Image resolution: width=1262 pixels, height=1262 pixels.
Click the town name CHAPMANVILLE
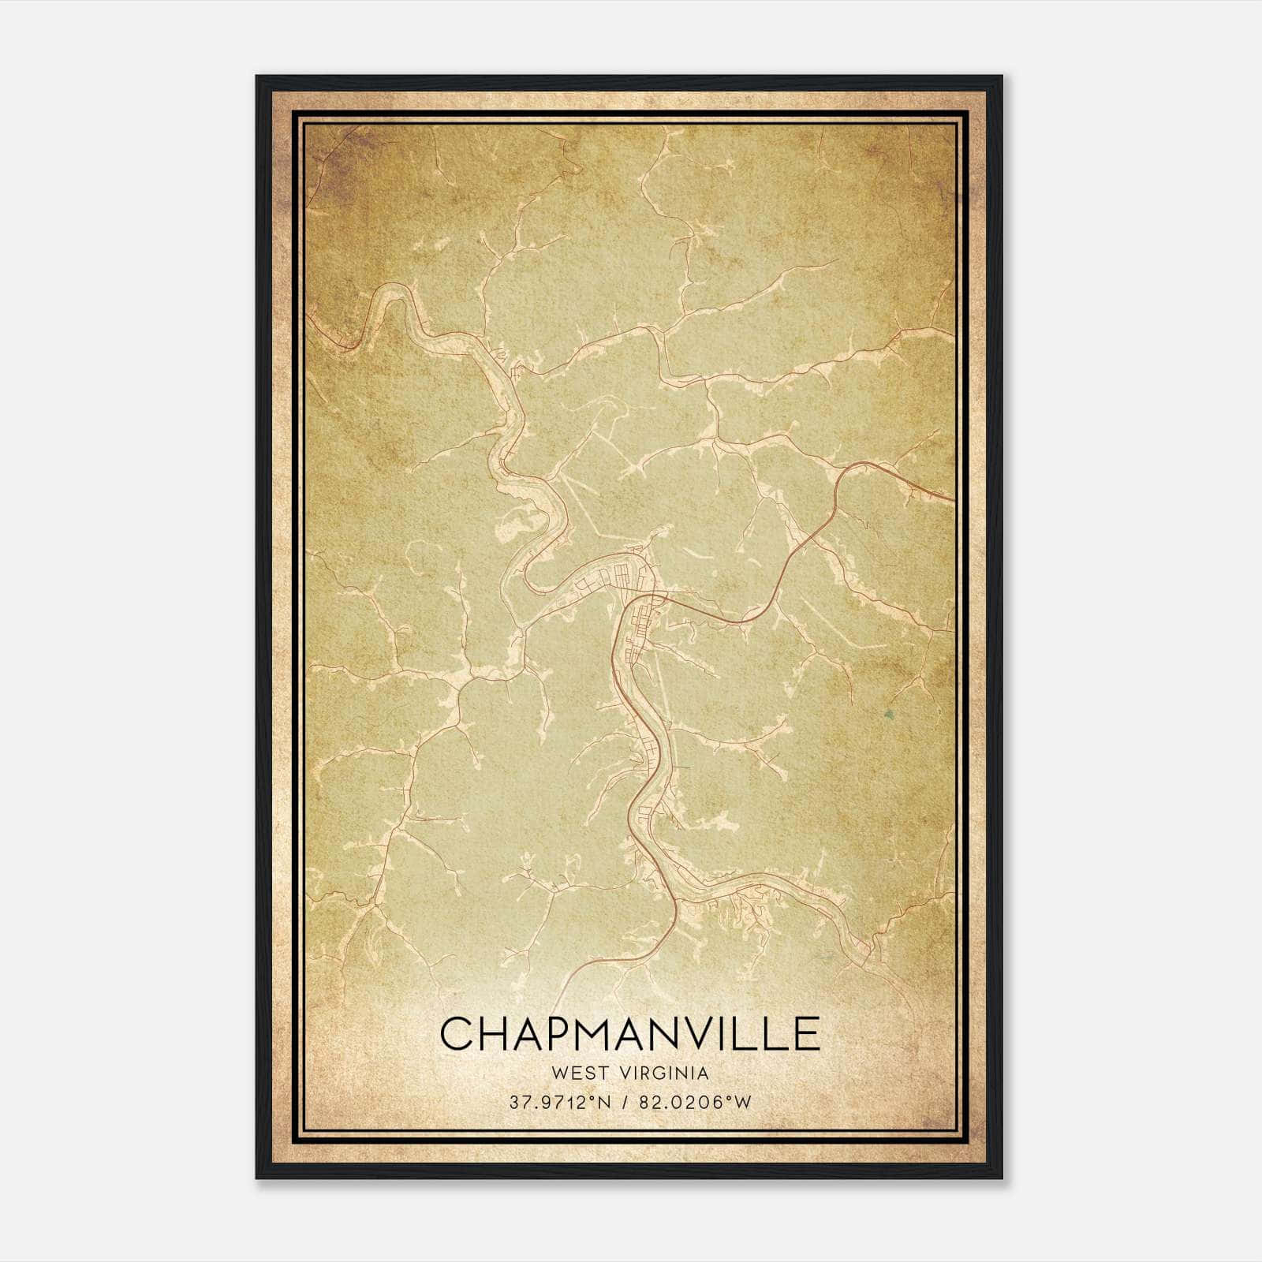click(x=629, y=1033)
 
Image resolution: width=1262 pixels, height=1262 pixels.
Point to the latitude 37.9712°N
click(x=560, y=1103)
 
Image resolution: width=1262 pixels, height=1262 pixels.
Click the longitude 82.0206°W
click(x=695, y=1103)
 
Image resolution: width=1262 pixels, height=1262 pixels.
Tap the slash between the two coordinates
click(x=627, y=1103)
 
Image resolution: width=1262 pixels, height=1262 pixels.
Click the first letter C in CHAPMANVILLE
click(x=457, y=1033)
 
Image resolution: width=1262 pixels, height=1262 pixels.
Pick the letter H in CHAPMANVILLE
click(x=496, y=1033)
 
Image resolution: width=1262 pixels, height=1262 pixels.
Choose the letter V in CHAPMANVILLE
click(x=712, y=1033)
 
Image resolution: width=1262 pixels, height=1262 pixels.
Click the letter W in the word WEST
click(x=560, y=1073)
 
